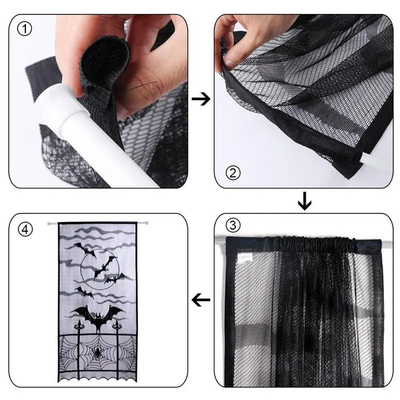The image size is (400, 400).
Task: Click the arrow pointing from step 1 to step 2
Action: (201, 99)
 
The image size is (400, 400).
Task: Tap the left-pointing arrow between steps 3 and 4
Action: (201, 300)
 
